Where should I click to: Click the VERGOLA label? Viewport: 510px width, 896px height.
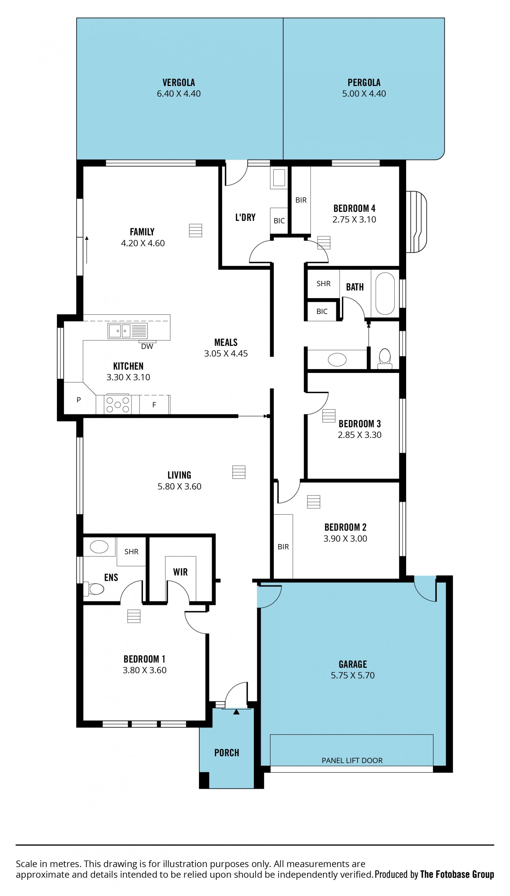click(179, 83)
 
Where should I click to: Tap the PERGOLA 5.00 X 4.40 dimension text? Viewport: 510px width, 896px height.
click(364, 93)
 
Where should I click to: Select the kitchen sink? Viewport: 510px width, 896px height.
click(127, 331)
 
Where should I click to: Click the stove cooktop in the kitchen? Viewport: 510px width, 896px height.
click(118, 404)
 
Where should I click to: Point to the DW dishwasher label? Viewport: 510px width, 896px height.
click(147, 346)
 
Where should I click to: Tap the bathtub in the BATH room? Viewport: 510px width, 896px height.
click(385, 294)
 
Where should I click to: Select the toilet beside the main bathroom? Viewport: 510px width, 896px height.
click(385, 358)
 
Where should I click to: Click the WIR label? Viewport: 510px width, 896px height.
click(180, 572)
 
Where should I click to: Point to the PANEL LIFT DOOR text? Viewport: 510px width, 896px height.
click(352, 760)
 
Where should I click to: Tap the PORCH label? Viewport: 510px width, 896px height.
click(227, 753)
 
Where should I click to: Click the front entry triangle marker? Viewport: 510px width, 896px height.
click(236, 711)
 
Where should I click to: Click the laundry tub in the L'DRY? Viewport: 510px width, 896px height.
click(279, 178)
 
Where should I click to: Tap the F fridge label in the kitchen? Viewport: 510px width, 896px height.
click(154, 405)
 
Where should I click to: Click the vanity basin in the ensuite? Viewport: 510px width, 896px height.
click(99, 546)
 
